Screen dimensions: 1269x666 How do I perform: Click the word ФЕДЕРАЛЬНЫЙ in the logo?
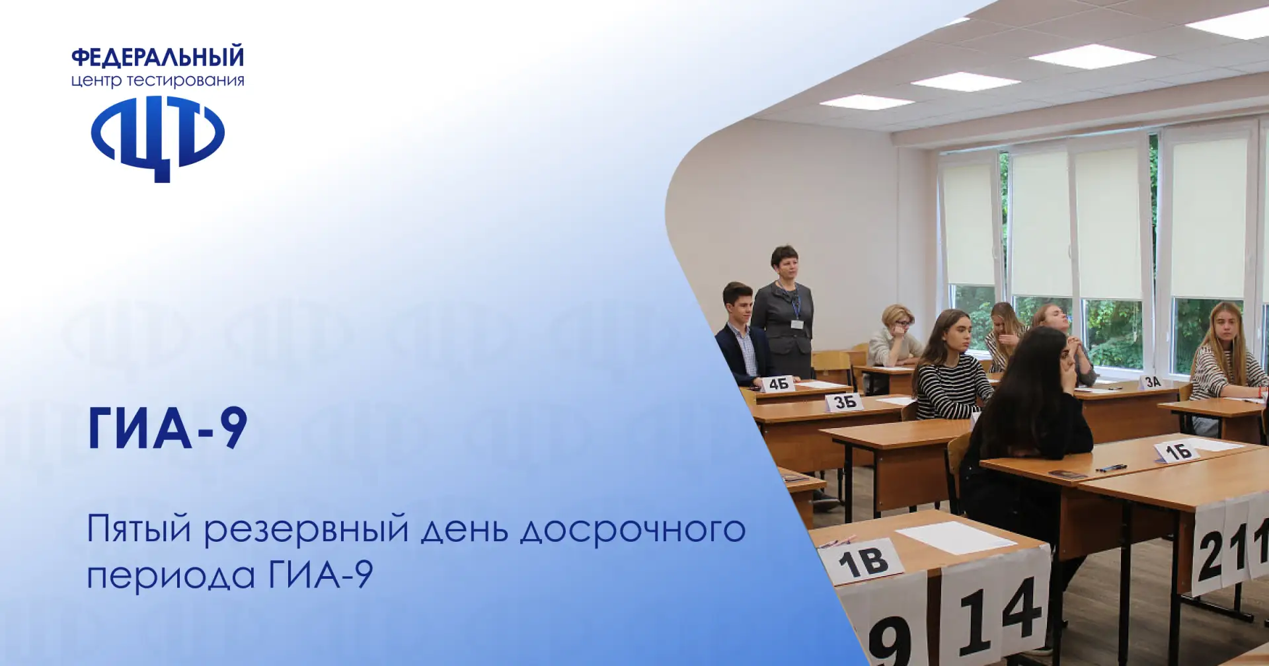157,57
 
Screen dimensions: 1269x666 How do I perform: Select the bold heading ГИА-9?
167,428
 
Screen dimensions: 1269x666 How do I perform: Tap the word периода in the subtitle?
171,575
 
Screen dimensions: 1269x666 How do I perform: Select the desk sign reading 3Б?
845,402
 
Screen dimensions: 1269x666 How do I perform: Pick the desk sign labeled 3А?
1153,382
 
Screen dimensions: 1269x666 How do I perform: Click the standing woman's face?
785,266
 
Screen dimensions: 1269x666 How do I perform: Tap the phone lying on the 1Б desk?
1068,474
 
